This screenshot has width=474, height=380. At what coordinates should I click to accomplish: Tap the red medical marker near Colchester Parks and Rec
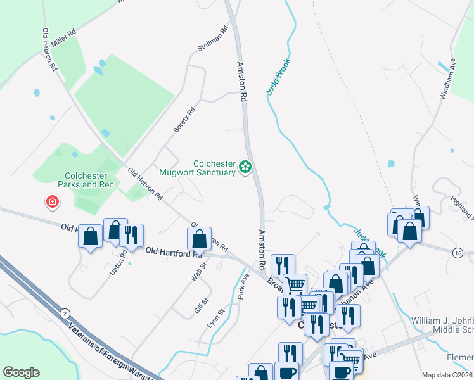point(51,203)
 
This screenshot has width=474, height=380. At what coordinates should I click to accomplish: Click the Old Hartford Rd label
point(168,253)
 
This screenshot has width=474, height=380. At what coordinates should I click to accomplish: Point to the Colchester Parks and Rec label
point(89,180)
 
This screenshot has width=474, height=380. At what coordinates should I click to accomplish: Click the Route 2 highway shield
point(64,313)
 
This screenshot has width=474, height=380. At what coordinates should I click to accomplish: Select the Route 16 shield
point(458,252)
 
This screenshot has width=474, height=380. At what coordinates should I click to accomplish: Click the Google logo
point(21,372)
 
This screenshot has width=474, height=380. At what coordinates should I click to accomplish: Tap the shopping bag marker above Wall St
point(200,238)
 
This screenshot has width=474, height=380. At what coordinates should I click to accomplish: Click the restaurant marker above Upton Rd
point(132,234)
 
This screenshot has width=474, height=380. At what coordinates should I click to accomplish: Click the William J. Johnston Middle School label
point(442,325)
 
